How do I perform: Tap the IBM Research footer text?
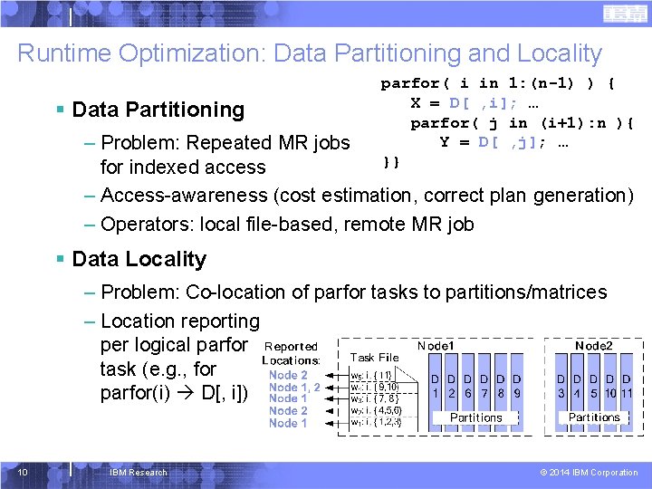138,472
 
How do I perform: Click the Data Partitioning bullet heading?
158,110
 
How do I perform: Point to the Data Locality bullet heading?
139,259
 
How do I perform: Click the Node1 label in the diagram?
436,346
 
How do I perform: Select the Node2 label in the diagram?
594,346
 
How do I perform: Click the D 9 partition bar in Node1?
516,385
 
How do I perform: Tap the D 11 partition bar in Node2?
626,385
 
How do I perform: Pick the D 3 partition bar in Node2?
561,385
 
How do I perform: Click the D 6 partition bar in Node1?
468,385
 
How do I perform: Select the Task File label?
374,358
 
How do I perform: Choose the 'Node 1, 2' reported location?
293,387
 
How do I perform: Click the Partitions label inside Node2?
593,417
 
